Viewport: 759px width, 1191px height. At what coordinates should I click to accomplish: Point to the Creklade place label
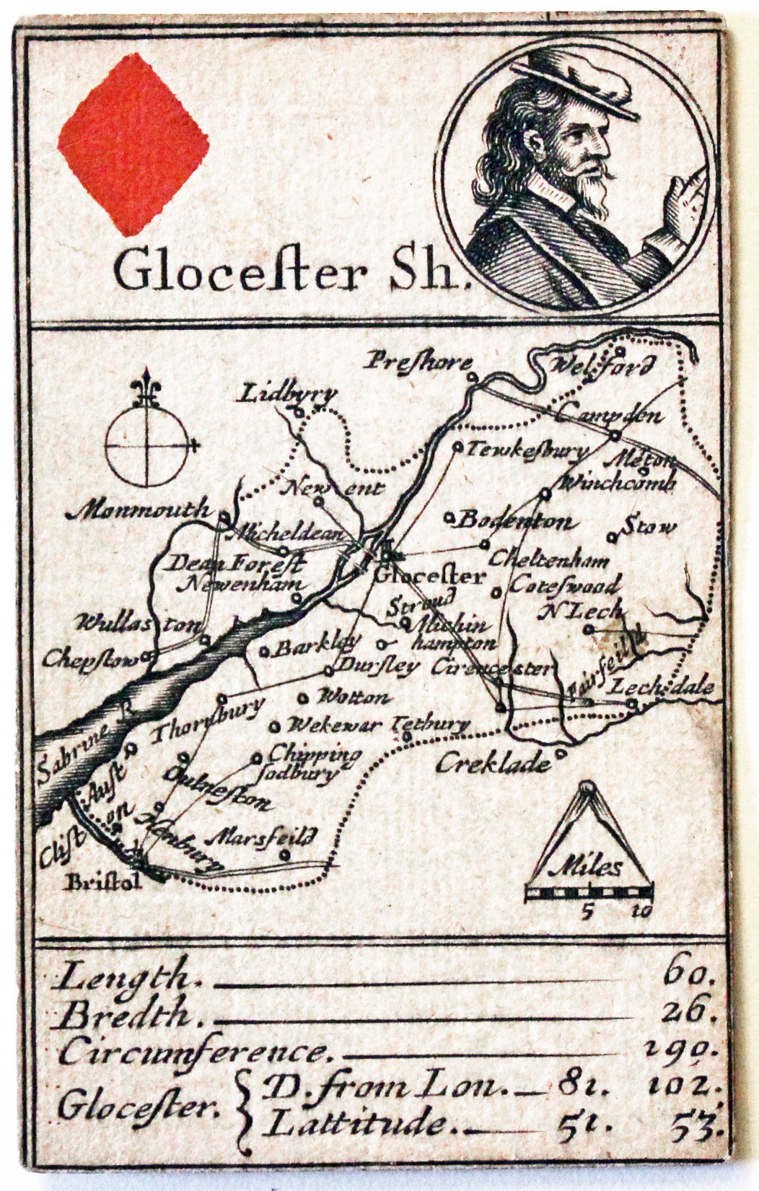[x=493, y=763]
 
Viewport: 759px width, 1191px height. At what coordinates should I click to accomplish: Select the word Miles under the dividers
[x=590, y=865]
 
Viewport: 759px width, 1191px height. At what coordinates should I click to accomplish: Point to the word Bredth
[x=125, y=1015]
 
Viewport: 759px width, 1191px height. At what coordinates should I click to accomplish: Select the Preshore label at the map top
[x=418, y=361]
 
